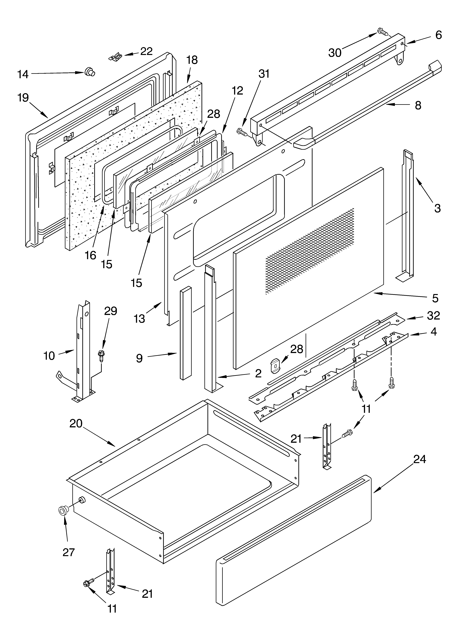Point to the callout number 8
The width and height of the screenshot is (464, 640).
coord(418,105)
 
